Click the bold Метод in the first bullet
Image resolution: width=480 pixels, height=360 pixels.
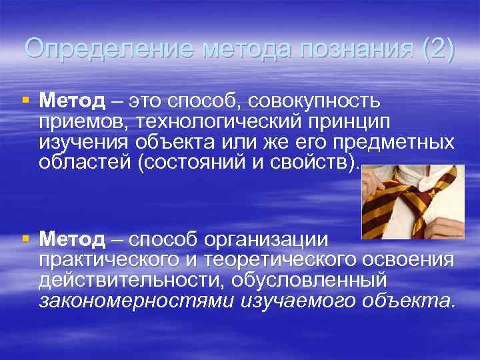(x=72, y=101)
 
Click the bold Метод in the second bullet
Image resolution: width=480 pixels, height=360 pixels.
(x=72, y=238)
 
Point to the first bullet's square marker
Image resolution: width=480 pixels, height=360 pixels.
(x=25, y=101)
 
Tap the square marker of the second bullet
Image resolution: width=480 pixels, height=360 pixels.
(x=25, y=238)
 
